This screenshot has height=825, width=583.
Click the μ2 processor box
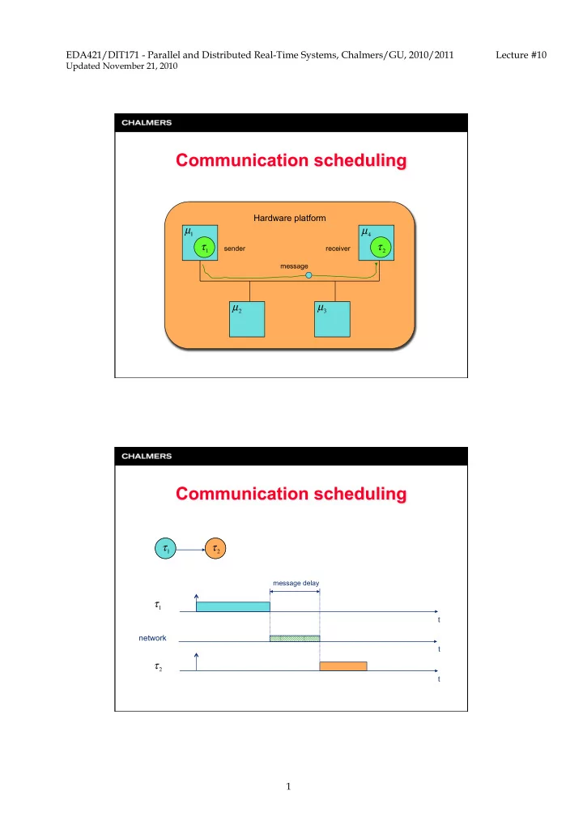point(247,319)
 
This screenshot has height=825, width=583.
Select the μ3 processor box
point(332,319)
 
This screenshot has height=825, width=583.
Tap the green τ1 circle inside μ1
point(205,248)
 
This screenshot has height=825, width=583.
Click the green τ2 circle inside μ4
point(381,248)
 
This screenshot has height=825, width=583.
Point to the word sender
point(235,249)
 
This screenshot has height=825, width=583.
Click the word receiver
point(338,249)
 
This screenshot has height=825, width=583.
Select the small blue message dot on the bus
point(309,275)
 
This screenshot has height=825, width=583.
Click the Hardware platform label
point(289,218)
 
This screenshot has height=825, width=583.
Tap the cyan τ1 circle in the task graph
point(165,549)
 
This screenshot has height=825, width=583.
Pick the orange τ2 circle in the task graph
point(215,549)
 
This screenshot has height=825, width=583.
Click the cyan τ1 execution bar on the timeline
point(233,606)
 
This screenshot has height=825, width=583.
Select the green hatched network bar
point(295,638)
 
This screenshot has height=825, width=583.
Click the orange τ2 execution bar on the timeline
point(343,666)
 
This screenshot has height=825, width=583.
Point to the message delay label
point(296,583)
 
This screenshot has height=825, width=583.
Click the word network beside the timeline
point(152,638)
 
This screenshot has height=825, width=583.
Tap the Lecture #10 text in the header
point(521,55)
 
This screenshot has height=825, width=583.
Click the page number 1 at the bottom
point(288,786)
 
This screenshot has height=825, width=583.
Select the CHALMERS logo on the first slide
point(147,122)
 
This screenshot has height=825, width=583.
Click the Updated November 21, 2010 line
point(121,66)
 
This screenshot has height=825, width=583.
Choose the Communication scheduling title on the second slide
point(291,494)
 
